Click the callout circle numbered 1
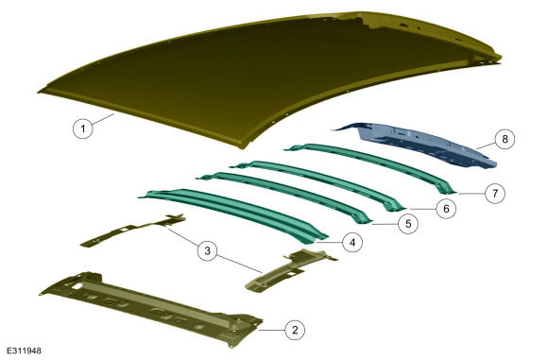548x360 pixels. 83,129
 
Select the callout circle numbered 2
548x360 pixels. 295,330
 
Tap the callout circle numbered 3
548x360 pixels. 207,250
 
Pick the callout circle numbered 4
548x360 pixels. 352,242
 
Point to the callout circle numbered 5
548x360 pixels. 408,223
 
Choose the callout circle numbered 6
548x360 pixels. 446,209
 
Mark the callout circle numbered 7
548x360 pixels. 495,193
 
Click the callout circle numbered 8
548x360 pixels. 505,139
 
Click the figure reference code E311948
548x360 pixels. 24,351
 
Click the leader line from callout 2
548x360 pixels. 271,330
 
